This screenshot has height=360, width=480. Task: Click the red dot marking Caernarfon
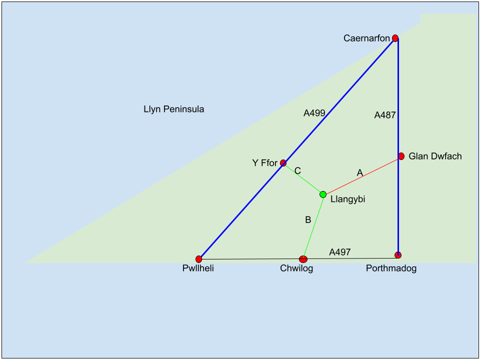(x=395, y=38)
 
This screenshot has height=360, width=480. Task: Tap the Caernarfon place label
(x=366, y=38)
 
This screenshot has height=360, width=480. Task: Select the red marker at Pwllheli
(x=199, y=259)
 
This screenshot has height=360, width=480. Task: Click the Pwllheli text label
(x=198, y=269)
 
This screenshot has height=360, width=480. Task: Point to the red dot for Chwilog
(x=303, y=259)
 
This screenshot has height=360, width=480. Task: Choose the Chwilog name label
(x=296, y=269)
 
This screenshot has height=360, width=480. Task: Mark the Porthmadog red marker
(x=398, y=255)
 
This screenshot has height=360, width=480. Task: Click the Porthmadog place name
(x=391, y=268)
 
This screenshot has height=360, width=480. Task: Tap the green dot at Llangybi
(x=323, y=194)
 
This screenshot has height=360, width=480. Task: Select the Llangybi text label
(x=348, y=199)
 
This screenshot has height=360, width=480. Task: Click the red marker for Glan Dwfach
(x=401, y=156)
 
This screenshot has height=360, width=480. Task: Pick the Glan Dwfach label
(x=435, y=156)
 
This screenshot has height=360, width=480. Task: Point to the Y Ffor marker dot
(x=283, y=162)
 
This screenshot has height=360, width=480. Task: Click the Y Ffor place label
(x=264, y=163)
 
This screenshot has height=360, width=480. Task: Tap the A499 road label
(x=314, y=113)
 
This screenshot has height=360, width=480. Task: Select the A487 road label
(x=385, y=115)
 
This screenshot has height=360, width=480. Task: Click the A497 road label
(x=339, y=252)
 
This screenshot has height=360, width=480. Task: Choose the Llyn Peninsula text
(x=173, y=109)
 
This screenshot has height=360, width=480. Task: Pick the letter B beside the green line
(x=308, y=219)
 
